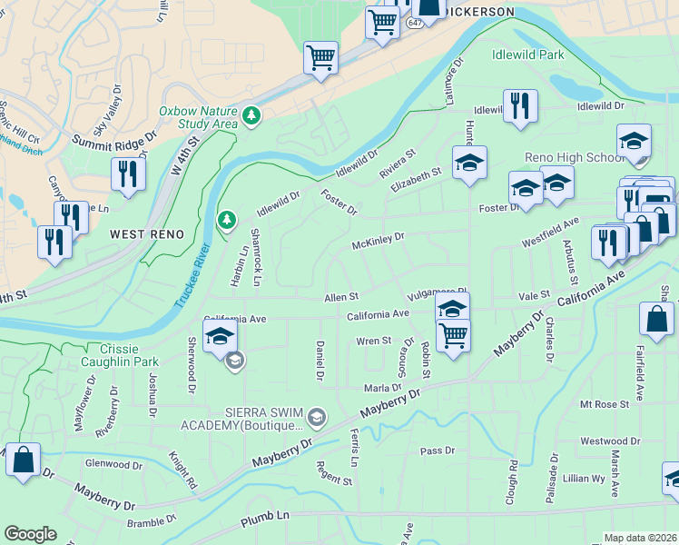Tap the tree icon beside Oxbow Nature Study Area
coord(251,116)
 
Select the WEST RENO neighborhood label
coord(147,234)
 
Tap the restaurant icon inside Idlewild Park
coord(520,105)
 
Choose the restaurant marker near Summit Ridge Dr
coord(128,173)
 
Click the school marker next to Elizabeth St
coord(469,163)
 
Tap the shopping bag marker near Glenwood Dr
coord(24,461)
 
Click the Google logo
coord(30,534)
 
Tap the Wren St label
coord(373,342)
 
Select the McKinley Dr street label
coord(379,241)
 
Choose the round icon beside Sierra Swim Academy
coord(316,418)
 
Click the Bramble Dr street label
coord(151,522)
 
